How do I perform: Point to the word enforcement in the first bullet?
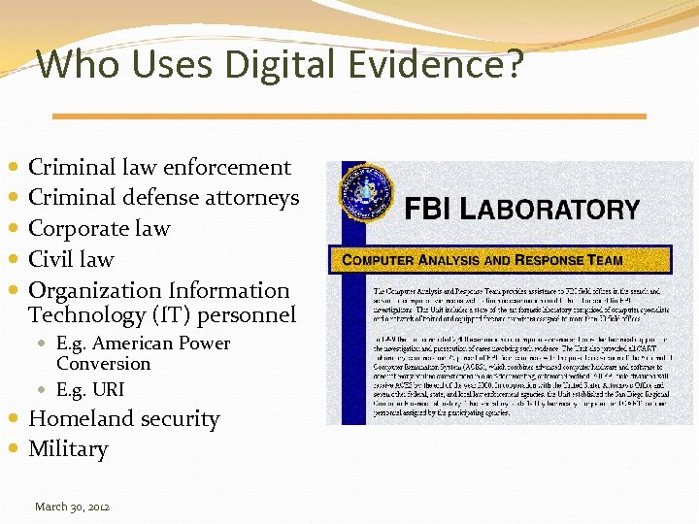[227, 168]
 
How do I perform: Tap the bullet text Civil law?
[71, 260]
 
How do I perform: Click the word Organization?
[95, 291]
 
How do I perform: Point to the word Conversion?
[103, 364]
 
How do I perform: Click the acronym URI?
[108, 390]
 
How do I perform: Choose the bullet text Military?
[68, 449]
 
